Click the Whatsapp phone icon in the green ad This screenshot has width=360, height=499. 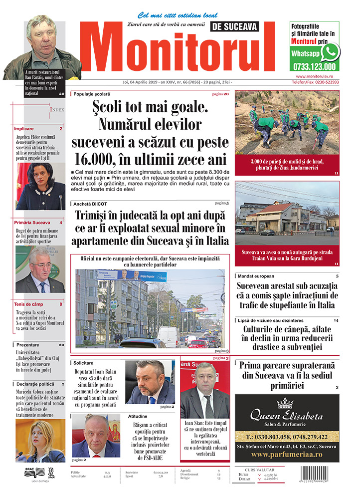330,52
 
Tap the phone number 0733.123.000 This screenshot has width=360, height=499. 314,66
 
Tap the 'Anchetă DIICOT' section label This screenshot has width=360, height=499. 90,204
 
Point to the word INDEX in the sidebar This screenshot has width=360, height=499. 56,109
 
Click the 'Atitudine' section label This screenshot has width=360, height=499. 138,416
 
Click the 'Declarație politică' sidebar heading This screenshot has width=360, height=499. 35,384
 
